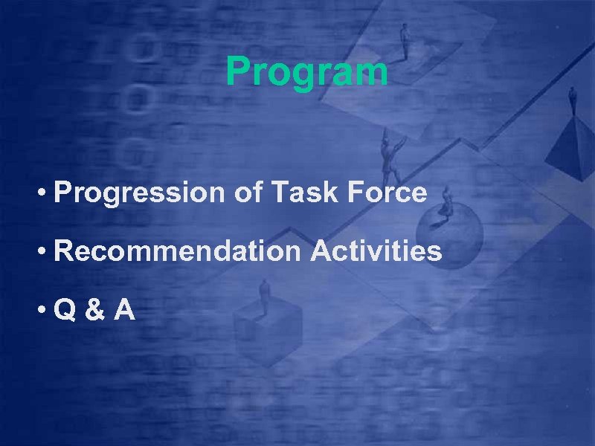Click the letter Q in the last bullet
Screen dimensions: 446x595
tap(64, 310)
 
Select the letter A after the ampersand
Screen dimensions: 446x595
tap(124, 310)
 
